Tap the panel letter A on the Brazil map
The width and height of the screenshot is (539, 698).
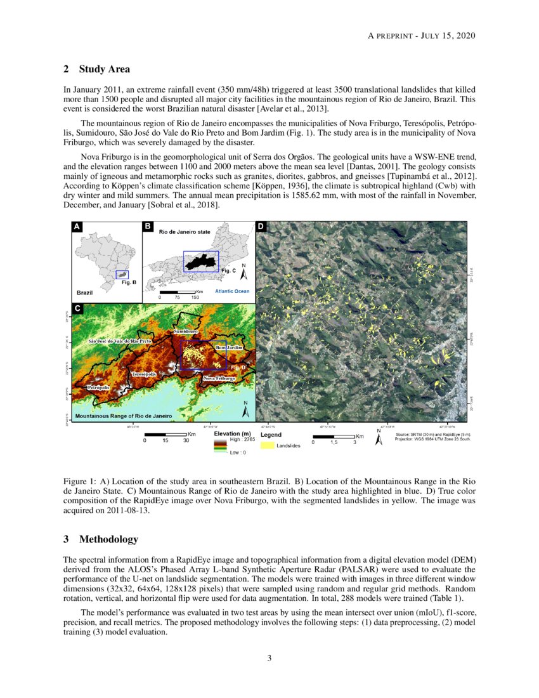pyautogui.click(x=77, y=227)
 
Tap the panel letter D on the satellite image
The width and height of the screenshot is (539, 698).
pyautogui.click(x=261, y=227)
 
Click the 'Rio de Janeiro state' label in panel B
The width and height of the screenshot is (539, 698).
pyautogui.click(x=184, y=233)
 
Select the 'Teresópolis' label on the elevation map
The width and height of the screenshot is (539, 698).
pyautogui.click(x=144, y=375)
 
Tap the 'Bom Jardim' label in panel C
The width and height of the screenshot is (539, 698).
pyautogui.click(x=229, y=348)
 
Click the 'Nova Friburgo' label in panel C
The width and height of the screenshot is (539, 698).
pyautogui.click(x=219, y=378)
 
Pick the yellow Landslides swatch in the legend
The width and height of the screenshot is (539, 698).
pyautogui.click(x=268, y=446)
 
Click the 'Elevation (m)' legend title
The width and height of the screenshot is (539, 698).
pyautogui.click(x=233, y=435)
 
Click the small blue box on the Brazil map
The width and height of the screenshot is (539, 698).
pyautogui.click(x=122, y=275)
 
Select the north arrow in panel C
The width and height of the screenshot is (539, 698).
pyautogui.click(x=245, y=411)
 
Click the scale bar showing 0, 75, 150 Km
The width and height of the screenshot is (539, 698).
pyautogui.click(x=178, y=292)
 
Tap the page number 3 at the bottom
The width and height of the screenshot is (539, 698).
pyautogui.click(x=269, y=658)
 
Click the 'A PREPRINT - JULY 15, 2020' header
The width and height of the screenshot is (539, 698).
pyautogui.click(x=422, y=34)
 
